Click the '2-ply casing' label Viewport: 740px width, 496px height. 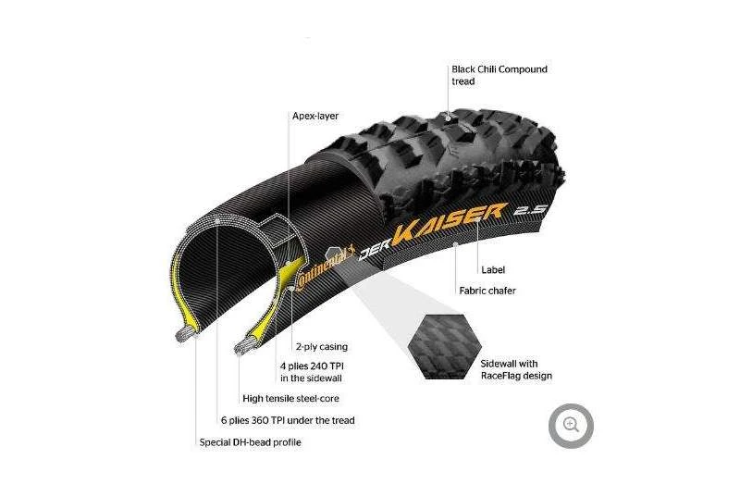[321, 347]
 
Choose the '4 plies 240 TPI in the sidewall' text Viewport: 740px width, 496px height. [314, 371]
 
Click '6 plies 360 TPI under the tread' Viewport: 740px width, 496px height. [287, 420]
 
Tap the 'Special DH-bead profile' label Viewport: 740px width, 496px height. [250, 442]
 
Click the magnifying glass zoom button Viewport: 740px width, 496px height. [571, 425]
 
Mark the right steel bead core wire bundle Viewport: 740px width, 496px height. [248, 346]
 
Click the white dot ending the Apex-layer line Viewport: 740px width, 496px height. [290, 288]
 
